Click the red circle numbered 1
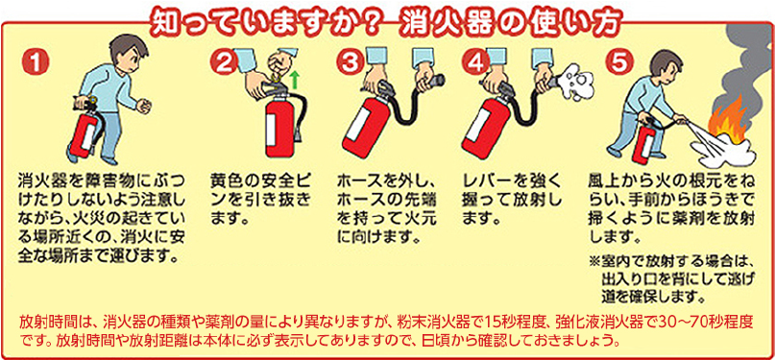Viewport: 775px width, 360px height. tap(36, 61)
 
